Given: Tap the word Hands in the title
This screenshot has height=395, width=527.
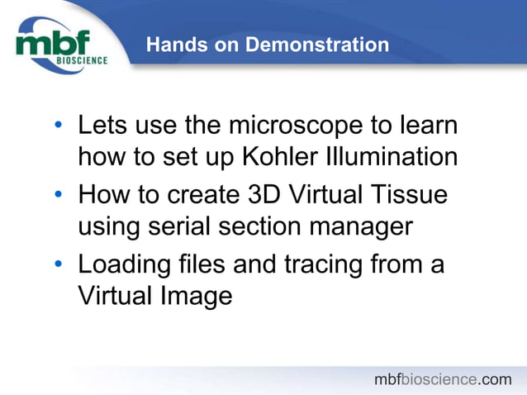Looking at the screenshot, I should coord(171,45).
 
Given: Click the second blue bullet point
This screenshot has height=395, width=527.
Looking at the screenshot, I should coord(58,197).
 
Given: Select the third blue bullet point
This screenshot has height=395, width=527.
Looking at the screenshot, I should coord(58,267).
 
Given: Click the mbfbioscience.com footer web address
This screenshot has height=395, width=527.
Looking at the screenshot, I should coord(443,379).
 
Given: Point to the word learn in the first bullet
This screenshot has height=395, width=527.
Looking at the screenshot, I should coord(428,127).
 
